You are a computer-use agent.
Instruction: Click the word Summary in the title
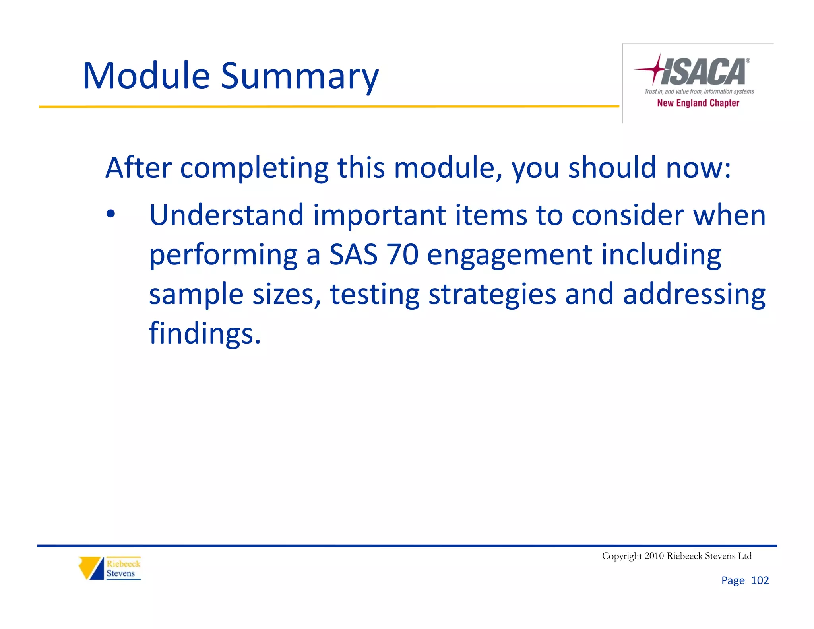[x=300, y=76]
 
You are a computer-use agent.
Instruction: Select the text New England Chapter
[x=698, y=103]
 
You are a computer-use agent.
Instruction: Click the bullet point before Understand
[x=110, y=214]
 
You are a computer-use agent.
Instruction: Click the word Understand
[x=226, y=215]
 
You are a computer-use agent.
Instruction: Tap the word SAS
[x=353, y=254]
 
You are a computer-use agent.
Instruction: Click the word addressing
[x=694, y=294]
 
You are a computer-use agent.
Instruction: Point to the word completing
[x=254, y=168]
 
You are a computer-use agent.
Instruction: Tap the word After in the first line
[x=138, y=167]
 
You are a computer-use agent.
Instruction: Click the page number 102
[x=760, y=580]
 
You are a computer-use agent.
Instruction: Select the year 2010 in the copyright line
[x=654, y=556]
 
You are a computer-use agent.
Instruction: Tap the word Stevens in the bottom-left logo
[x=120, y=573]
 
